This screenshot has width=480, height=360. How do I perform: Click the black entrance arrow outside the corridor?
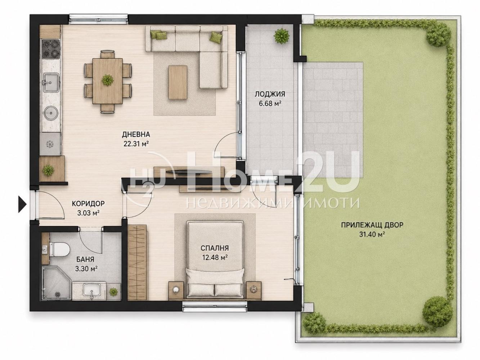point(22,204)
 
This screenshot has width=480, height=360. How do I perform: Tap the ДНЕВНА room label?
point(136,134)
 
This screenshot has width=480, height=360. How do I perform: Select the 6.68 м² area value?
point(270,103)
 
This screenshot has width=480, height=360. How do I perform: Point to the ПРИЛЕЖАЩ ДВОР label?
point(372,225)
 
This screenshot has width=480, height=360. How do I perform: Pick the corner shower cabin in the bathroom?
point(57,282)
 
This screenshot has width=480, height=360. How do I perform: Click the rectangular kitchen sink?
point(51,82)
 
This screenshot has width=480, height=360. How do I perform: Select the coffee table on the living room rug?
point(178,82)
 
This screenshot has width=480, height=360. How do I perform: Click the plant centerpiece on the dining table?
point(107,80)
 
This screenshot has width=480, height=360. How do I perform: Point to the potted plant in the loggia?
point(282,36)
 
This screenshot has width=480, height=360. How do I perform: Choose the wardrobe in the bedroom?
point(137,262)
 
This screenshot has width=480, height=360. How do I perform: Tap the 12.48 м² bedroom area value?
point(214,257)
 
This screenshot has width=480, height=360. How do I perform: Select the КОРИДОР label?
point(88,203)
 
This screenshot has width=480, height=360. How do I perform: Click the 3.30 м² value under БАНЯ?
point(86,269)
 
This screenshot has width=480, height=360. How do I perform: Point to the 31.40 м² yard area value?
point(372,234)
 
